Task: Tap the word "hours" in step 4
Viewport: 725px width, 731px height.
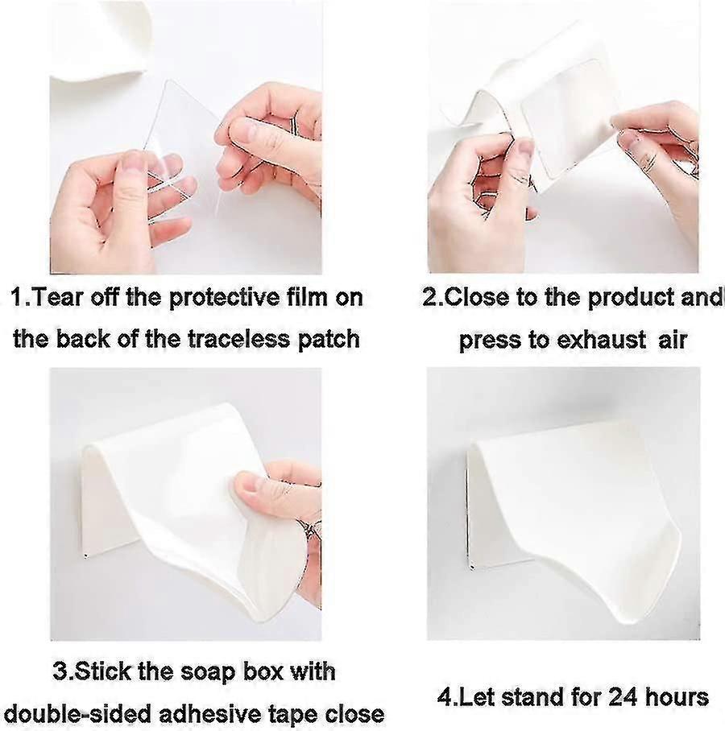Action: [x=676, y=698]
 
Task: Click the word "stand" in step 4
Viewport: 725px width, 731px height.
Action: [x=527, y=698]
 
